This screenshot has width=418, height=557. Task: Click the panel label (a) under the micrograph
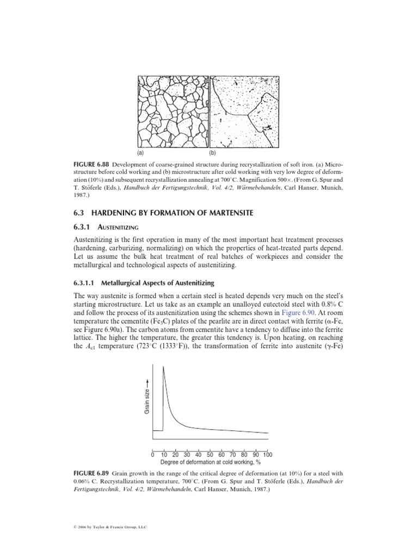click(142, 153)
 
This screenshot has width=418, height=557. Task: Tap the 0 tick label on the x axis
click(152, 455)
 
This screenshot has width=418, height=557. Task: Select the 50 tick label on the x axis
click(210, 455)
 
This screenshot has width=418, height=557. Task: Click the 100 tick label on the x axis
click(267, 455)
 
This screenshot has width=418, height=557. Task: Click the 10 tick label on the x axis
click(164, 455)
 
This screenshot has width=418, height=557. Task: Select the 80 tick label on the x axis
click(244, 455)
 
